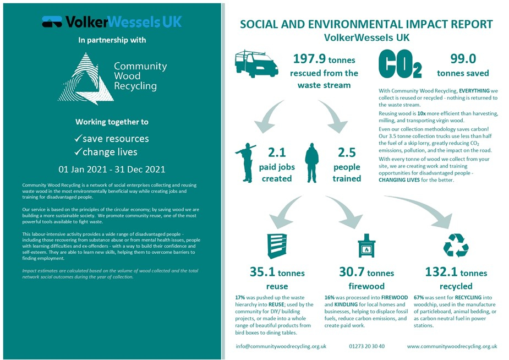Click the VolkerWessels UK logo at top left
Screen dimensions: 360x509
112,22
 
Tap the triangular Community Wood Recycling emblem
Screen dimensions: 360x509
85,78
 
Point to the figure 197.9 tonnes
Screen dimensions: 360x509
324,59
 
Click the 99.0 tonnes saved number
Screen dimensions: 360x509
463,59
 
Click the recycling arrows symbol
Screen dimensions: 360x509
456,246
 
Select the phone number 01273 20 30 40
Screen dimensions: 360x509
366,346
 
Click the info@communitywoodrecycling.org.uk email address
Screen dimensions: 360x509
281,346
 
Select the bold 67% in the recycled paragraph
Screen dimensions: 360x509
419,297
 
